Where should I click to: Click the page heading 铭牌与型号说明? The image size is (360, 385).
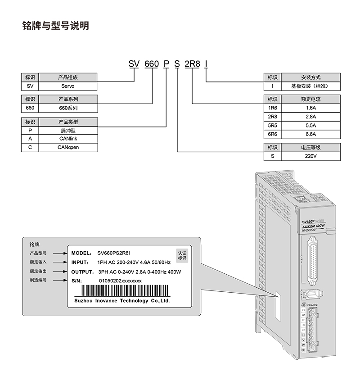coord(55,26)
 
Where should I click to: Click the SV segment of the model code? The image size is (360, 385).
coord(134,64)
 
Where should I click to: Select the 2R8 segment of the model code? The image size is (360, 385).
coord(192,64)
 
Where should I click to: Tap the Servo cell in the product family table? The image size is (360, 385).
coord(67,86)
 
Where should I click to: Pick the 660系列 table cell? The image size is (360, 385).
coord(67,108)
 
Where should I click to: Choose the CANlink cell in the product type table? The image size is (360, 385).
coord(67,139)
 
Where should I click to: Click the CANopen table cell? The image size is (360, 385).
coord(67,147)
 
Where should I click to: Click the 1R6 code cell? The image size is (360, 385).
coord(272,108)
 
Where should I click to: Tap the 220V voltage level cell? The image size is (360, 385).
coord(310,156)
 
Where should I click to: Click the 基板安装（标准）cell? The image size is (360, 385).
coord(310,86)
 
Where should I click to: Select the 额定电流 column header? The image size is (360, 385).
coord(310,99)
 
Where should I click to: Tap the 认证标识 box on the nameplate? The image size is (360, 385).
coord(182,256)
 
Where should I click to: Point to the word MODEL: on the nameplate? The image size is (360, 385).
coord(81,253)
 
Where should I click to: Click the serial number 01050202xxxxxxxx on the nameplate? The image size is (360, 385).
coord(120,281)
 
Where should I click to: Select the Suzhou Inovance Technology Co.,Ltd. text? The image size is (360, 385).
coord(121,301)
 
